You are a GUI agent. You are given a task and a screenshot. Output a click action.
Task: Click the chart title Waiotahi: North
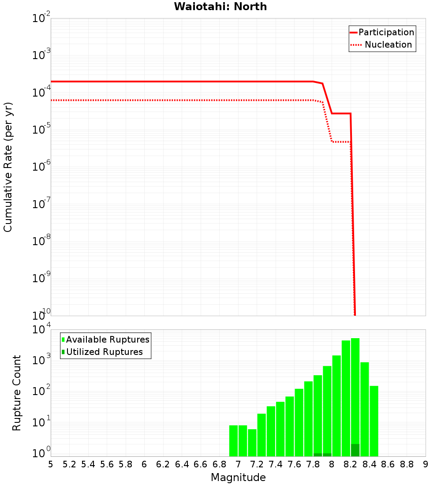coord(220,7)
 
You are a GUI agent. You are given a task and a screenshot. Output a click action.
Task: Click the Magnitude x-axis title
coord(238,478)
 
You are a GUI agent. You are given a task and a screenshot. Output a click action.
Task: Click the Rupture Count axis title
coord(17,393)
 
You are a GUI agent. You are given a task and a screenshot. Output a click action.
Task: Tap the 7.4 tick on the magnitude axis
coord(276,464)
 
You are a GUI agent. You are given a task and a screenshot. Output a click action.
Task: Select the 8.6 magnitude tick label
coord(388,464)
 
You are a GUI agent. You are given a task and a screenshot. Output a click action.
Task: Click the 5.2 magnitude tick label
coord(70,464)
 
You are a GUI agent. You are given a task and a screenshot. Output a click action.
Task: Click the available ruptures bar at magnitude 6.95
coord(233,440)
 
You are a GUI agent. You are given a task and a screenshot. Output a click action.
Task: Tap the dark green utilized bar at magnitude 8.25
coord(355,450)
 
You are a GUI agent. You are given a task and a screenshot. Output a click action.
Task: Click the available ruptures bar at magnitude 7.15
coord(252,443)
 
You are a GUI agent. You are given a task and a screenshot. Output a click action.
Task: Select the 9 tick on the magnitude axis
coord(426,464)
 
